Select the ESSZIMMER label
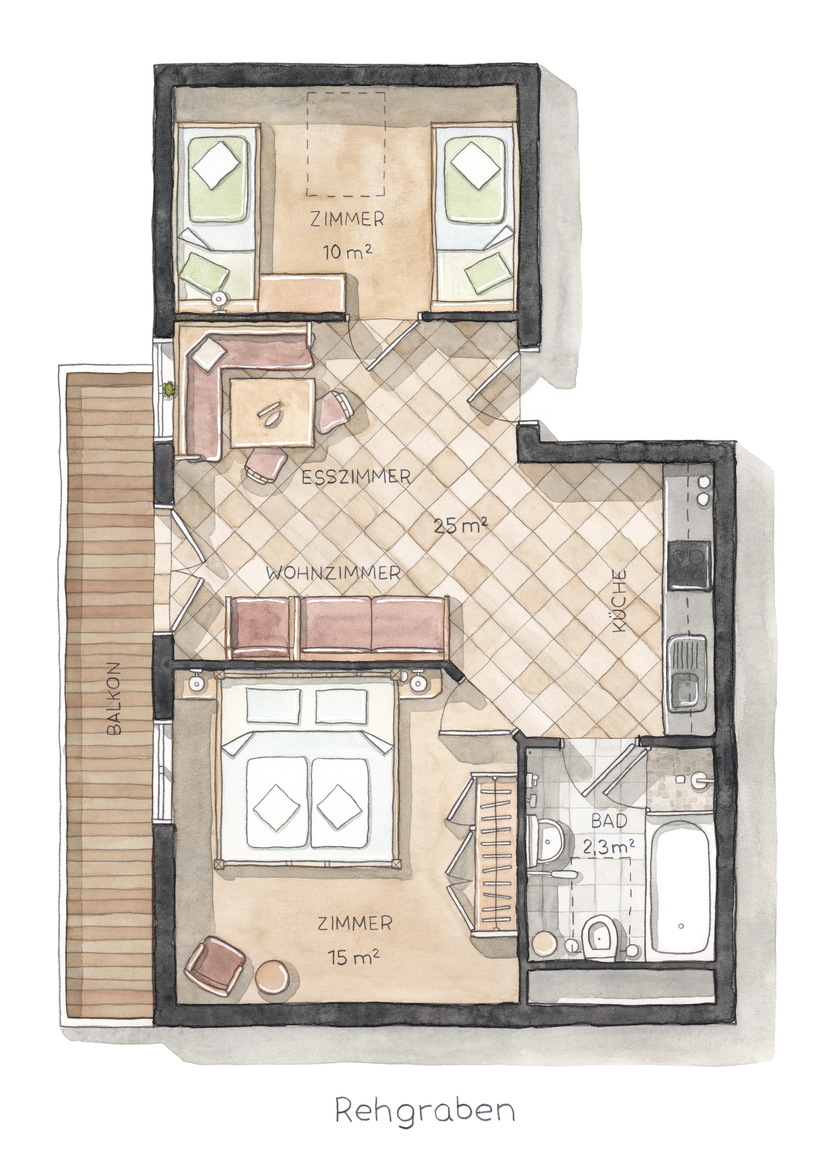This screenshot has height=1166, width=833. point(356,477)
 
